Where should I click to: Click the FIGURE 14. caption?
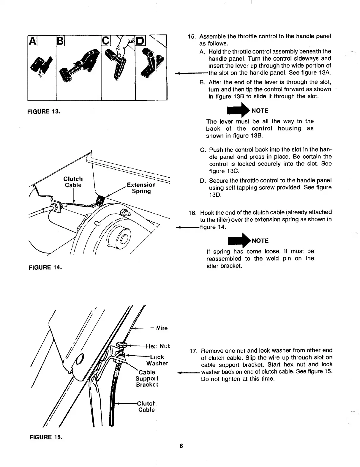click(45, 267)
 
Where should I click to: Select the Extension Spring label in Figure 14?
click(141, 188)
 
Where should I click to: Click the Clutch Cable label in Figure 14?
click(73, 182)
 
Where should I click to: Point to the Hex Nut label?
click(158, 346)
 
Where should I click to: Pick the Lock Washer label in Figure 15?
click(157, 360)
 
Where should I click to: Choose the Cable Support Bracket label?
click(147, 378)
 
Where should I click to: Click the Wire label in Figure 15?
click(161, 328)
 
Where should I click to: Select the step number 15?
click(192, 37)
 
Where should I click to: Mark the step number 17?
click(193, 351)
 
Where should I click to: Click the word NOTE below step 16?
click(260, 240)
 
